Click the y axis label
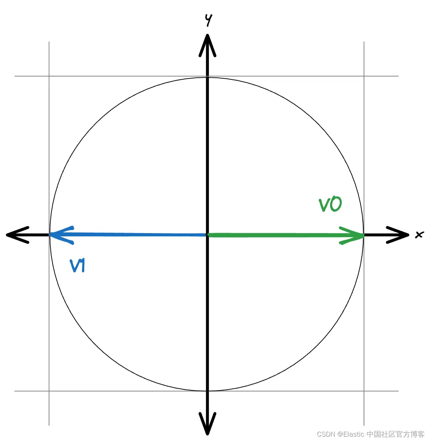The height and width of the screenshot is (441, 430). [x=208, y=20]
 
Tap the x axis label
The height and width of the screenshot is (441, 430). [x=419, y=235]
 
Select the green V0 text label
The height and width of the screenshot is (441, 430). [x=330, y=205]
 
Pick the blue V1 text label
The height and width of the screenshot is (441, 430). [x=78, y=266]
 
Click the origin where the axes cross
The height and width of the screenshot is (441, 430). [x=208, y=235]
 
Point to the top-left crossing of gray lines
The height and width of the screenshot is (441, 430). [x=49, y=76]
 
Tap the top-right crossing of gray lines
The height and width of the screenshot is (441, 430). [x=364, y=76]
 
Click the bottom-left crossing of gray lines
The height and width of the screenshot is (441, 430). [x=49, y=391]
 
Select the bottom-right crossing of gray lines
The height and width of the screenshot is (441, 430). [x=364, y=391]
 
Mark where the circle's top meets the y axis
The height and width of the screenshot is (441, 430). [x=208, y=77]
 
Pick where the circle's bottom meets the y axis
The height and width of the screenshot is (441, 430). [x=208, y=391]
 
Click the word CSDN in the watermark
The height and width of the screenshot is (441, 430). [x=326, y=434]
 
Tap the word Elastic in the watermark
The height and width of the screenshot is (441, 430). [x=353, y=434]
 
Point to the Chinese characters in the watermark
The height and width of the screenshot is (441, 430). [x=395, y=434]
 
